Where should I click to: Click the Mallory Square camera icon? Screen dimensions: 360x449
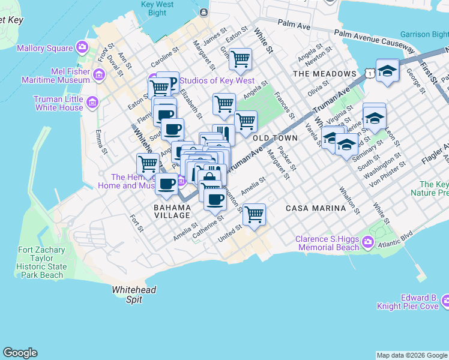coord(82,48)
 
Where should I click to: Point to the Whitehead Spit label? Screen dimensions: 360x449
coord(134,294)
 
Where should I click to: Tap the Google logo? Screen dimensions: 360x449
coord(20,353)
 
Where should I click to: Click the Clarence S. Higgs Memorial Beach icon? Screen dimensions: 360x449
coord(367,243)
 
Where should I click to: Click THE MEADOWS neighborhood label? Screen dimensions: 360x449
coord(324,74)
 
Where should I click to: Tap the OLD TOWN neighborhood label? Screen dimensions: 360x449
coord(276,138)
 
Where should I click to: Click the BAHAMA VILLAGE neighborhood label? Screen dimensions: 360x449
coord(172,211)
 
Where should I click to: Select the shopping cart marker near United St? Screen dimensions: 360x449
coord(255,214)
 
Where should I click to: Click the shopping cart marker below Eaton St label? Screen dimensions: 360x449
coord(240,59)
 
